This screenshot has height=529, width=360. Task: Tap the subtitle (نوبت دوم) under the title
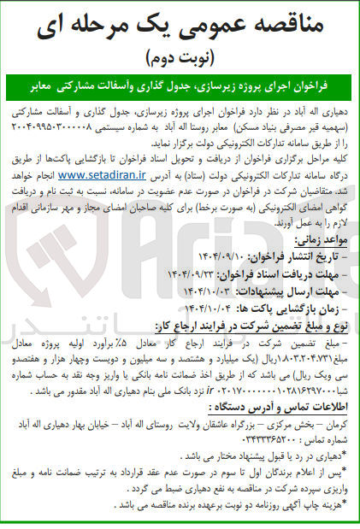(x=180, y=59)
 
